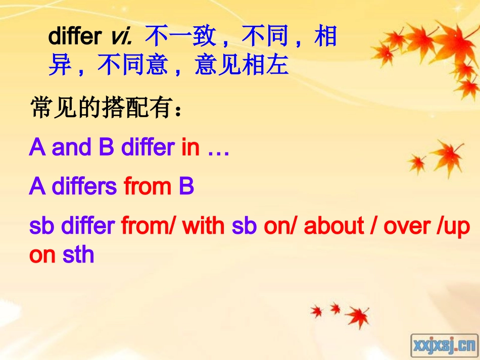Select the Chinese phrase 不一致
180,37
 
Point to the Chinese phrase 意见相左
241,66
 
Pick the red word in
190,147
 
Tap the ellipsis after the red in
218,148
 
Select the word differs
84,187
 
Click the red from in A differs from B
147,187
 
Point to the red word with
205,226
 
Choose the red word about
333,226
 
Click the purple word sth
78,254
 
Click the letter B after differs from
186,187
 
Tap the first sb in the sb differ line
42,226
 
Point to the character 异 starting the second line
60,66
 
